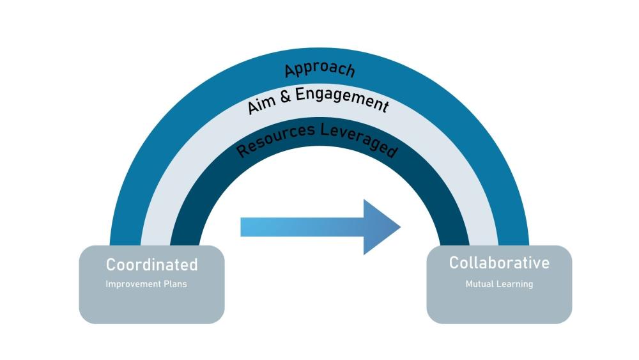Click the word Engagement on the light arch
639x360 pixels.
pyautogui.click(x=341, y=98)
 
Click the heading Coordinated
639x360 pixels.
pyautogui.click(x=151, y=265)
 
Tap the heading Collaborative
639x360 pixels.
pyautogui.click(x=499, y=263)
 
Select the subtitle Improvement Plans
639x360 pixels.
pyautogui.click(x=146, y=284)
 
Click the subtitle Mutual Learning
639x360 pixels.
pyautogui.click(x=499, y=284)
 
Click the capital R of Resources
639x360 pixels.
pyautogui.click(x=242, y=150)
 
